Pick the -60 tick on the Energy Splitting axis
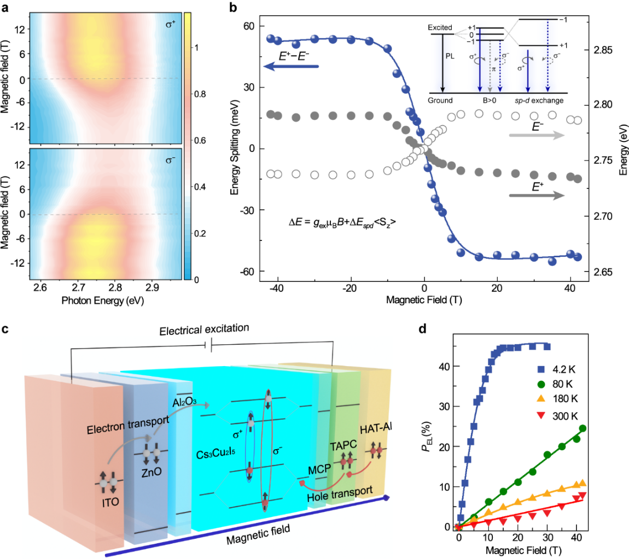(x=247, y=272)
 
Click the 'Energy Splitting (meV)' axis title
(x=235, y=149)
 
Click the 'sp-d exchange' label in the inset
(x=540, y=101)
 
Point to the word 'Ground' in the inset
(x=441, y=101)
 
